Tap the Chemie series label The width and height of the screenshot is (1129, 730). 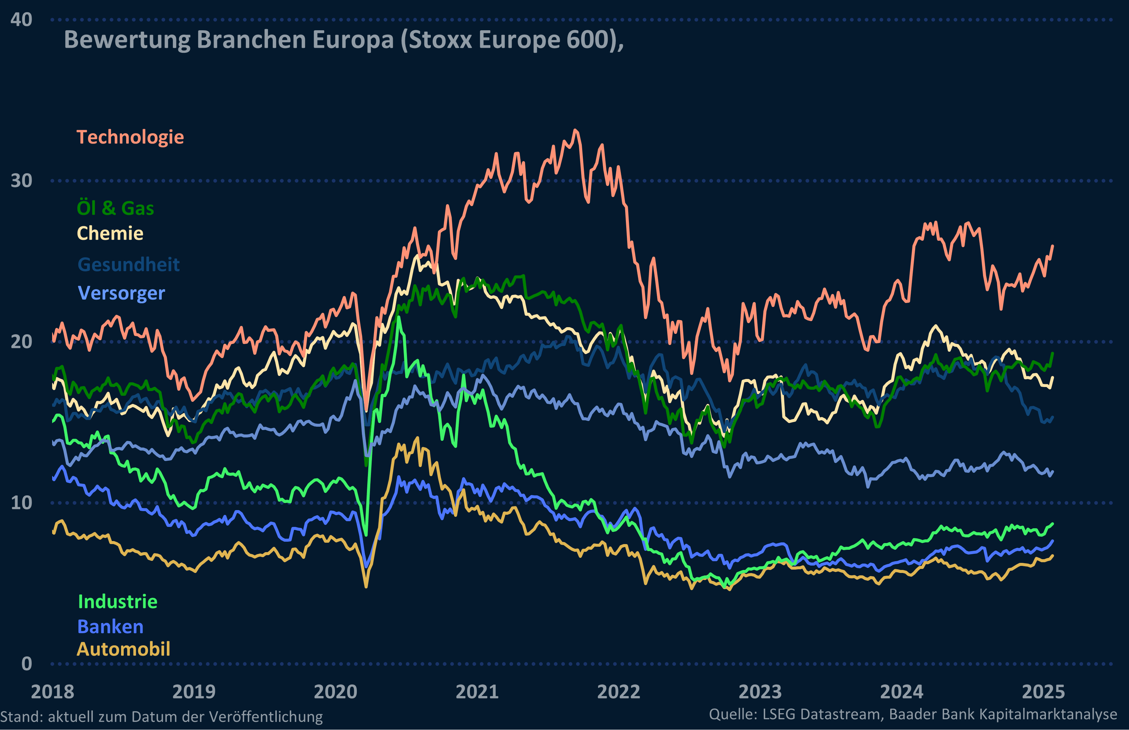tap(110, 233)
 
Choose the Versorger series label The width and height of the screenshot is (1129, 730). tap(121, 293)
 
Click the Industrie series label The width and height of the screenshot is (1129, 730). tap(118, 602)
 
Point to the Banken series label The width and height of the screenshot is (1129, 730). tap(110, 627)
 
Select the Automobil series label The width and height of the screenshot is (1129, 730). tap(124, 649)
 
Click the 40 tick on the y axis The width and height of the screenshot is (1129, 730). tap(21, 20)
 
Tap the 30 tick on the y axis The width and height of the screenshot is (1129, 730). tap(21, 181)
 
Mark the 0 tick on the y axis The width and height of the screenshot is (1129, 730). tap(27, 664)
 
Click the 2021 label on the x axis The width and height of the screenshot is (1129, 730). tap(477, 692)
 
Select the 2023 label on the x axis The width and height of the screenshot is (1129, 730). tap(760, 692)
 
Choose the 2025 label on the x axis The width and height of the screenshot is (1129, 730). tap(1043, 692)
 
